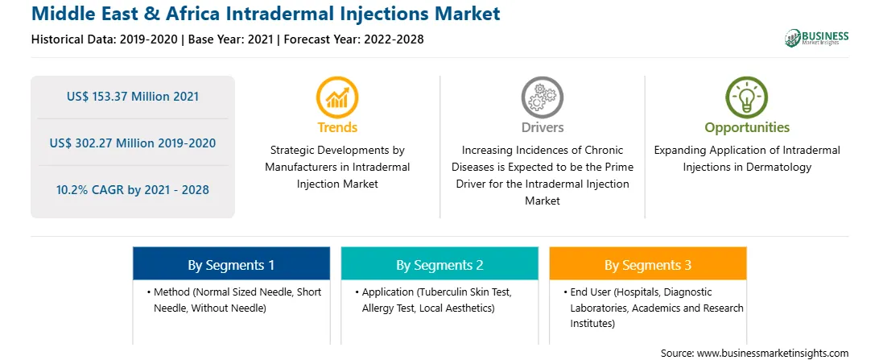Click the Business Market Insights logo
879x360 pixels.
(x=816, y=38)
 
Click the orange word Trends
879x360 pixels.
(x=337, y=127)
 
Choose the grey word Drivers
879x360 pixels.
(x=543, y=127)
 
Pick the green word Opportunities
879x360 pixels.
(x=747, y=128)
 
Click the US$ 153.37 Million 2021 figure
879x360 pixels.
(x=133, y=97)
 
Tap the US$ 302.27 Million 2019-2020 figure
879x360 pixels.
(x=133, y=143)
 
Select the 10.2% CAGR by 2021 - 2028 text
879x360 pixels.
(x=133, y=189)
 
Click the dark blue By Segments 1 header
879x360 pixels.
(x=232, y=265)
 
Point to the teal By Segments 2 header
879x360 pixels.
(x=439, y=265)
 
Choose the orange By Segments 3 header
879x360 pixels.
(x=648, y=265)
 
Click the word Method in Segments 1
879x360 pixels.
(x=171, y=292)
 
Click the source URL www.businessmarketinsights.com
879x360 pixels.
(x=772, y=354)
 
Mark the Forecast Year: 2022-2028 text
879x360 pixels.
(x=353, y=39)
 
